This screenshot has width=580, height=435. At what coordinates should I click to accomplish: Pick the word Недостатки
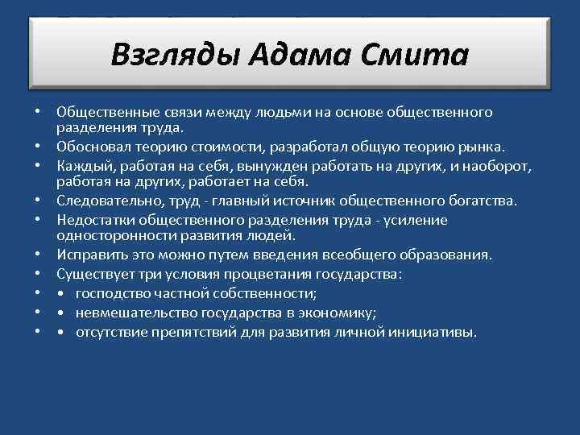95,219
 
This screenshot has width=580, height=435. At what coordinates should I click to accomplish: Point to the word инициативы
435,331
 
